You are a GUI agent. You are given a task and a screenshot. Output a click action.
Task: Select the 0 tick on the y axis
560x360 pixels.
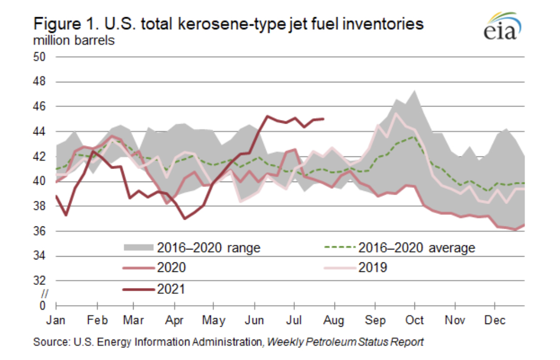point(43,306)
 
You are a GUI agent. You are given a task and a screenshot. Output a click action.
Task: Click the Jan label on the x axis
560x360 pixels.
point(57,320)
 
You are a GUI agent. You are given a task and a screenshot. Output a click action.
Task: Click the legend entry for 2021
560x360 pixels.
point(171,289)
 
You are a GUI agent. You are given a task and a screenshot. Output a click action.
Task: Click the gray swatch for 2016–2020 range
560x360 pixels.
point(137,247)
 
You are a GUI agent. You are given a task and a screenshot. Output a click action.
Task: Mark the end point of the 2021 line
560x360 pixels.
point(324,119)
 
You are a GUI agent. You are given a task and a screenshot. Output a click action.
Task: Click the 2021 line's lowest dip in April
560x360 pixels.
point(185,218)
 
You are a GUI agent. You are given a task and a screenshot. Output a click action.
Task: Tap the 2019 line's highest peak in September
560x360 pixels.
point(396,113)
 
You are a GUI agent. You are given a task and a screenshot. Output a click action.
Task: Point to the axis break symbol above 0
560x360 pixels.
point(44,294)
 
